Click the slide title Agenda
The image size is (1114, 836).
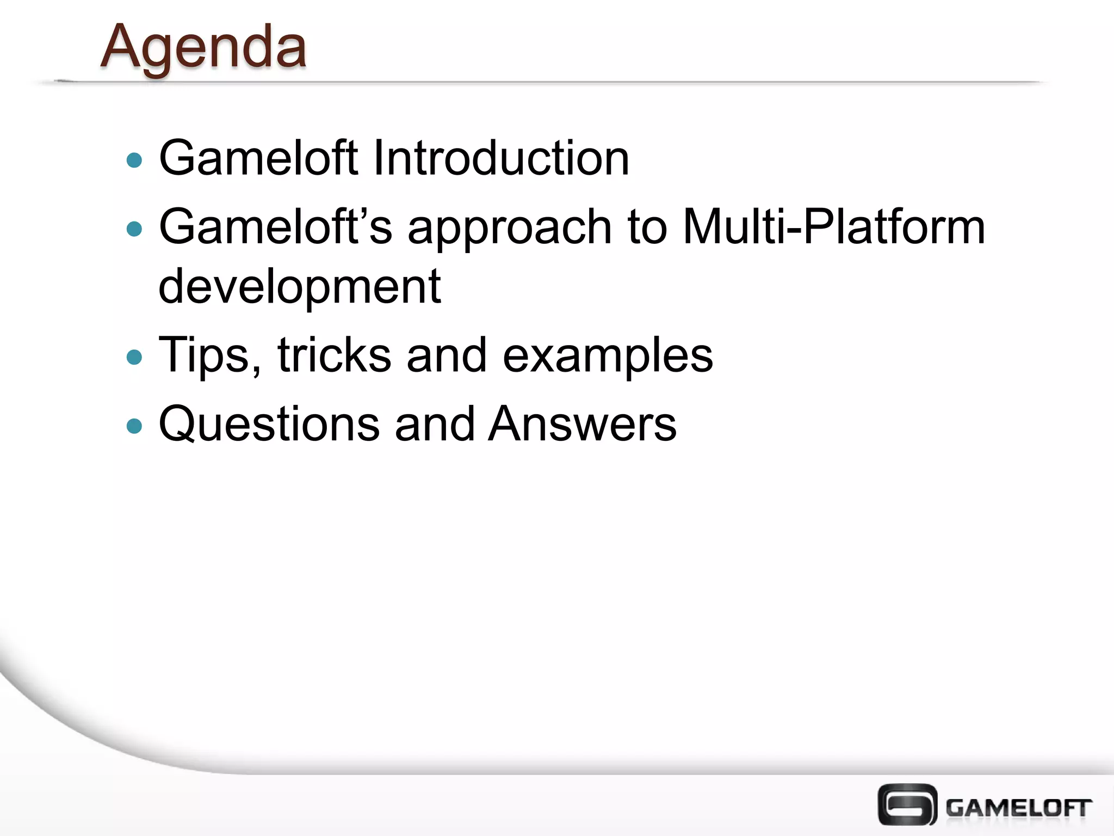pyautogui.click(x=203, y=48)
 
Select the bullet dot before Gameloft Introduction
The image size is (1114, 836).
pyautogui.click(x=134, y=161)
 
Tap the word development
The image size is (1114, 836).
pyautogui.click(x=299, y=286)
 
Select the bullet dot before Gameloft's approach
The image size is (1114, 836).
pyautogui.click(x=134, y=229)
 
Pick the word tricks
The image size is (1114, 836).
pyautogui.click(x=334, y=355)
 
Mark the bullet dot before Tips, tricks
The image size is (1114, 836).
pyautogui.click(x=134, y=358)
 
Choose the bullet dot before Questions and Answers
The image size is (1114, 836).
pyautogui.click(x=134, y=426)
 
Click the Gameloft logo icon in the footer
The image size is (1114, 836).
pyautogui.click(x=907, y=804)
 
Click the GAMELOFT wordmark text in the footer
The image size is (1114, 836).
pyautogui.click(x=1018, y=808)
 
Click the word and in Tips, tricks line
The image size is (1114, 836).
pyautogui.click(x=447, y=355)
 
